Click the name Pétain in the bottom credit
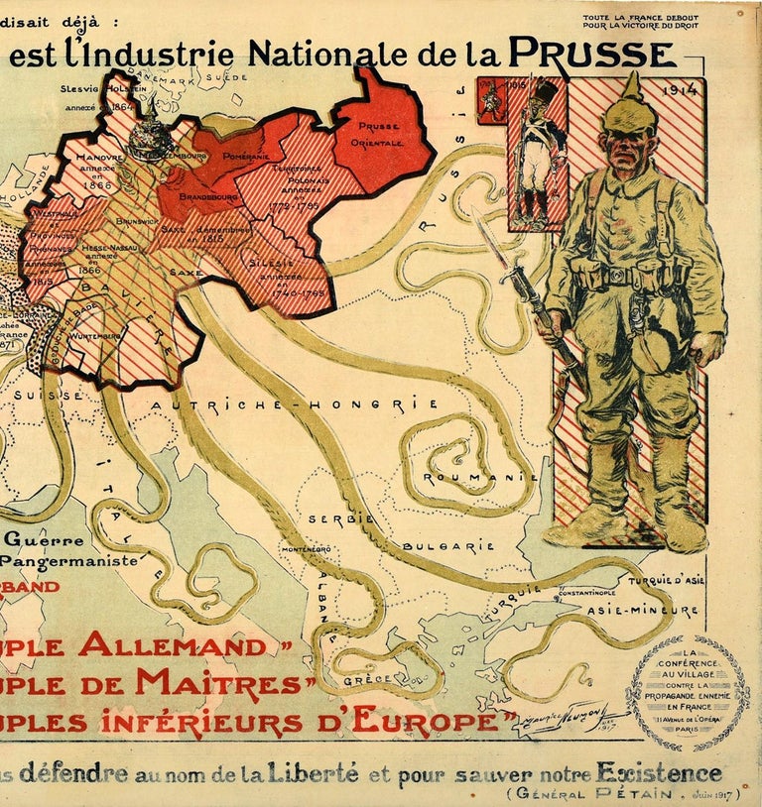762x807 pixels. [x=636, y=794]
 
